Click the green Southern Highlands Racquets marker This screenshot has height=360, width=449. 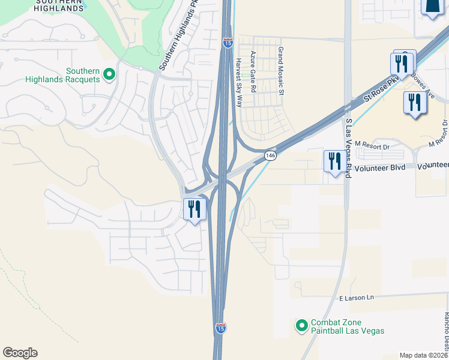point(109,74)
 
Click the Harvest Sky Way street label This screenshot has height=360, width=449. point(238,82)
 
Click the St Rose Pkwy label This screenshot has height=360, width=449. point(381,91)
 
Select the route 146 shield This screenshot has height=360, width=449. point(271,156)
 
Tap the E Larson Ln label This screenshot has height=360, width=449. point(356,298)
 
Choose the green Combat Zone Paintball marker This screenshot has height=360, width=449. point(302,326)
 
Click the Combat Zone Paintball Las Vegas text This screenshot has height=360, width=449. point(348,326)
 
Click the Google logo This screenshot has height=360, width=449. point(20,353)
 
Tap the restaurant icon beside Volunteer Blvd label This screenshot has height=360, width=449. point(333,161)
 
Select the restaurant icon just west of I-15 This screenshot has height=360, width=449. point(194,209)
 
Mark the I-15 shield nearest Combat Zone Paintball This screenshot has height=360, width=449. point(221,328)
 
